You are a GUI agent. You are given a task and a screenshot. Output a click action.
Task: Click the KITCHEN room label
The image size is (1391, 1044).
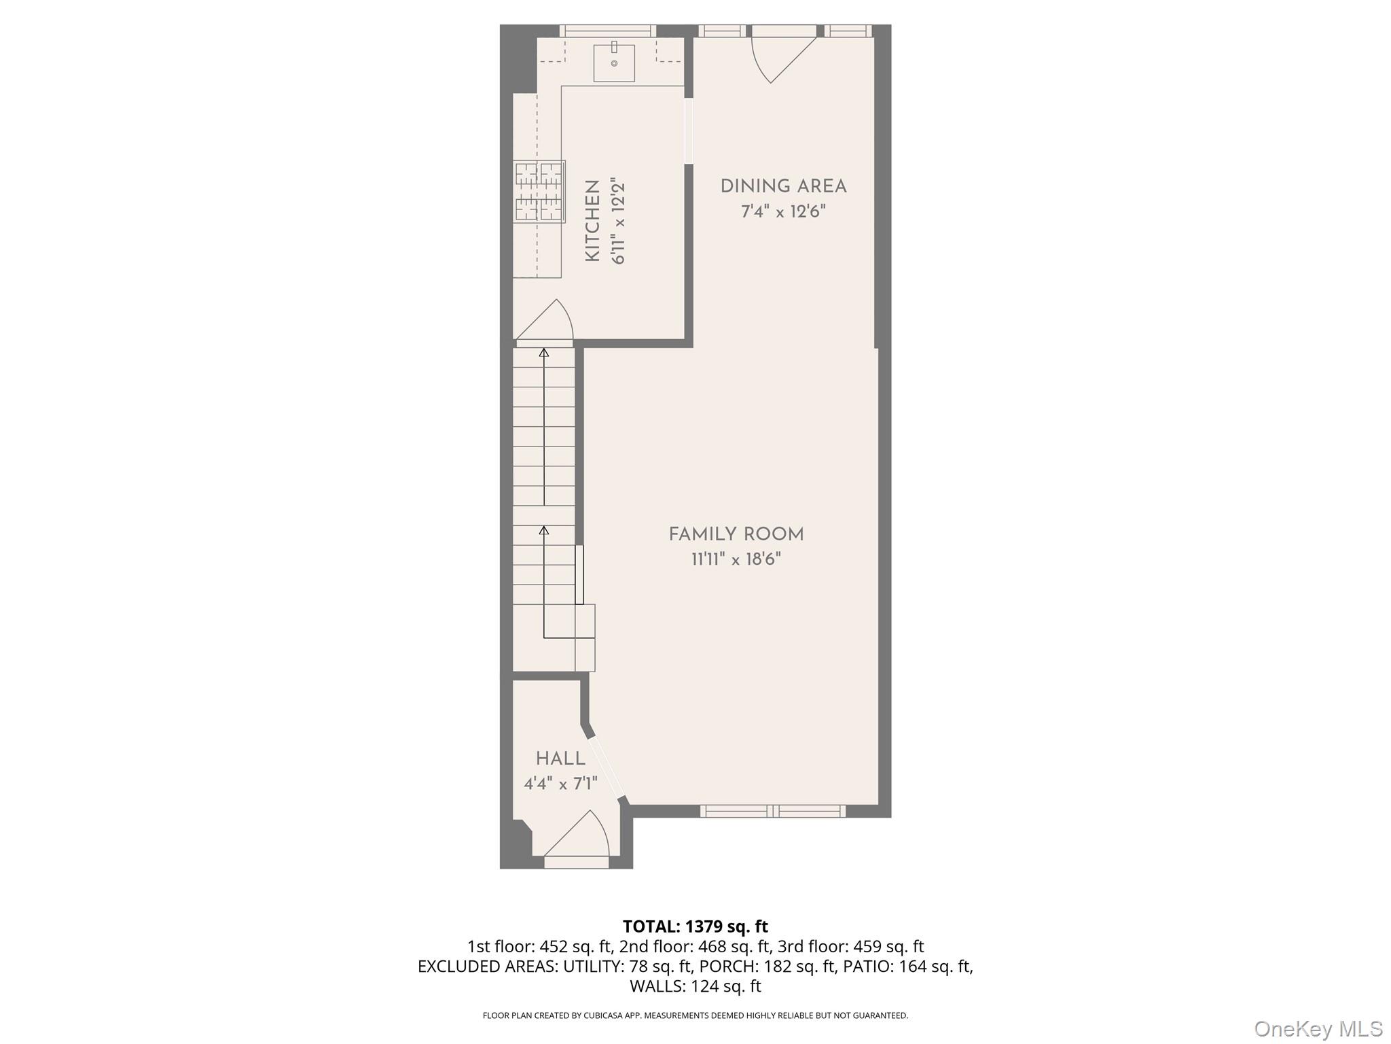592,221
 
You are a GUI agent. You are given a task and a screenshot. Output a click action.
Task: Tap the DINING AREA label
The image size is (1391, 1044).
783,186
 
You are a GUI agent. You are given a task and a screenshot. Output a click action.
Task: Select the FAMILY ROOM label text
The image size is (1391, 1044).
736,534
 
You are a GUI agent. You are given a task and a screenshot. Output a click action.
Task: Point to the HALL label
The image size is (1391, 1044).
560,759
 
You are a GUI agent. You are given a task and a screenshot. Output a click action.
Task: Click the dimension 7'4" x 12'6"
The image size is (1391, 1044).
783,211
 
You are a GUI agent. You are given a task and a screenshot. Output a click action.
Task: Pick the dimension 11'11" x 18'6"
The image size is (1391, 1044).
736,559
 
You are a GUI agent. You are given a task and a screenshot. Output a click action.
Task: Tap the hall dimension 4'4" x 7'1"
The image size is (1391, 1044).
560,784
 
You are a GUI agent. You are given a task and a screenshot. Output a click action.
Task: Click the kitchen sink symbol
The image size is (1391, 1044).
614,63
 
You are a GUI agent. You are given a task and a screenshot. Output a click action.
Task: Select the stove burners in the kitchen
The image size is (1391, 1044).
539,192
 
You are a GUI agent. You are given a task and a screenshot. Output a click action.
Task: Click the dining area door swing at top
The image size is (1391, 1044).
781,58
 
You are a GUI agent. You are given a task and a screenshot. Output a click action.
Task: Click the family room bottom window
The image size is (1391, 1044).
773,811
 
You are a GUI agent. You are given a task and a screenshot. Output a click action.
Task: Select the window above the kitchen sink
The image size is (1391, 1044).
607,31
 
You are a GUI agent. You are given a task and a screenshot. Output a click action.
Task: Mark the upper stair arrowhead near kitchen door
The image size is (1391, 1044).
543,352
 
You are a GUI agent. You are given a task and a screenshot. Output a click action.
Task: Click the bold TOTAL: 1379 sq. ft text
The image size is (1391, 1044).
695,926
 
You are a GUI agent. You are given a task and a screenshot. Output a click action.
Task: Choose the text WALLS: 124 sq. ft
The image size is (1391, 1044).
695,986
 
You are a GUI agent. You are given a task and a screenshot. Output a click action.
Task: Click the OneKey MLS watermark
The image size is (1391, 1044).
1318,1028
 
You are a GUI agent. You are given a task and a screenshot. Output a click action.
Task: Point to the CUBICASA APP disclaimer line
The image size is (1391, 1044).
695,1015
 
